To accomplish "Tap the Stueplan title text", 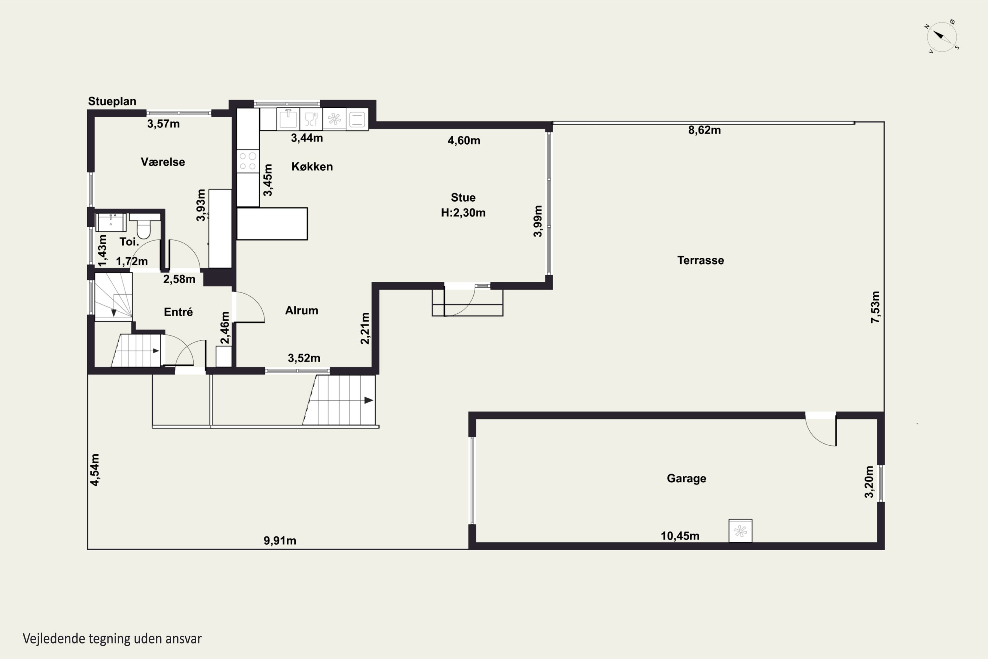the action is pyautogui.click(x=112, y=101).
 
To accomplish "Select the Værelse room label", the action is pyautogui.click(x=163, y=162).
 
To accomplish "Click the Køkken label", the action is pyautogui.click(x=312, y=166).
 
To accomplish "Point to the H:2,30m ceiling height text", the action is pyautogui.click(x=463, y=213).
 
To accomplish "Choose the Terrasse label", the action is pyautogui.click(x=701, y=260).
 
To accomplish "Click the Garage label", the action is pyautogui.click(x=686, y=478).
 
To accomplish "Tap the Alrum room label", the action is pyautogui.click(x=302, y=311).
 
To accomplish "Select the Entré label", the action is pyautogui.click(x=178, y=312).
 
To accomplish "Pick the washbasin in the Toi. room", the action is pyautogui.click(x=111, y=222).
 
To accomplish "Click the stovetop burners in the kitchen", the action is pyautogui.click(x=248, y=161).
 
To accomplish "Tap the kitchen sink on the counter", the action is pyautogui.click(x=288, y=119).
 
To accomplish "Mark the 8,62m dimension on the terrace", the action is pyautogui.click(x=704, y=130).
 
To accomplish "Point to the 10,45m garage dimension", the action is pyautogui.click(x=680, y=536).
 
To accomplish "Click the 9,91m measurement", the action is pyautogui.click(x=280, y=540).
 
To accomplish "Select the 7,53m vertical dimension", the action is pyautogui.click(x=875, y=307).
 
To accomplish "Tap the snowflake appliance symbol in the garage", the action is pyautogui.click(x=740, y=531).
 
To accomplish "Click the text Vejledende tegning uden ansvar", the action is pyautogui.click(x=112, y=639).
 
